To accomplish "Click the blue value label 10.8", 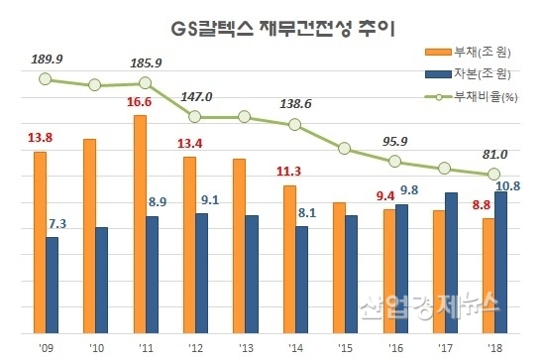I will point(508,184).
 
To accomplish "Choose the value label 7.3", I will point(57,225).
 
